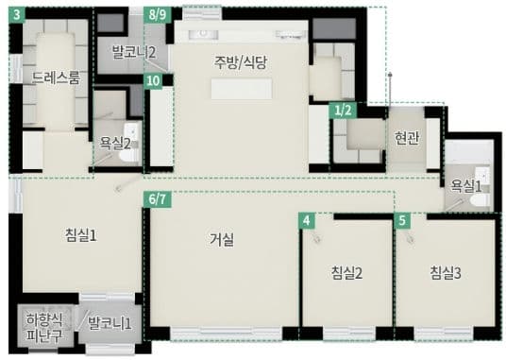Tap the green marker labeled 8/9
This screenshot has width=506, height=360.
pos(159,15)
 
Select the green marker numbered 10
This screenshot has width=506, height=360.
pos(153,81)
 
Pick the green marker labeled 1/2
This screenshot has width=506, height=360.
pos(344,110)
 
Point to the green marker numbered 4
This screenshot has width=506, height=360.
pos(306,220)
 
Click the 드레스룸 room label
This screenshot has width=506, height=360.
pos(56,77)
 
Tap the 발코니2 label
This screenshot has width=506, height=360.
pos(133,52)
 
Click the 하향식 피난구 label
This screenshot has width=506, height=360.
pos(42,326)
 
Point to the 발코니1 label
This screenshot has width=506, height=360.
pos(110,324)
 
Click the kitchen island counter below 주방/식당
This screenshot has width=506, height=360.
pos(240,91)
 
